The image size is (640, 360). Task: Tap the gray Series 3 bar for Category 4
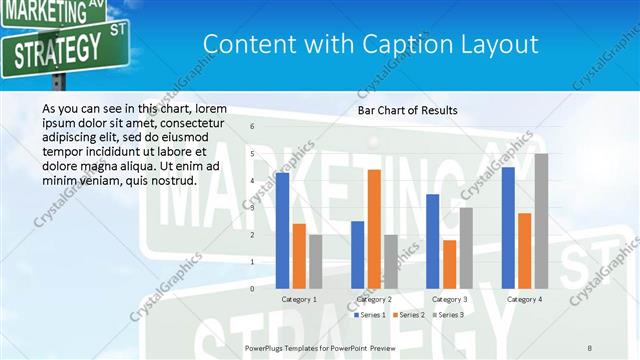[x=541, y=221]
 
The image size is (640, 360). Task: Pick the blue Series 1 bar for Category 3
[x=433, y=241]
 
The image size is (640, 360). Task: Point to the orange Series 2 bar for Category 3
[x=449, y=264]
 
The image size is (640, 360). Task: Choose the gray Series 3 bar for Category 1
[x=316, y=261]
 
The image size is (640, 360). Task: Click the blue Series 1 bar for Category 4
[x=508, y=228]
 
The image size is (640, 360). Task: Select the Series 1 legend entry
[x=371, y=315]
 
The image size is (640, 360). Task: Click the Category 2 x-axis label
[x=374, y=299]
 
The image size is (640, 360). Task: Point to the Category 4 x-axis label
[x=524, y=299]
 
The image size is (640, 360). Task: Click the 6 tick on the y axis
[x=252, y=127]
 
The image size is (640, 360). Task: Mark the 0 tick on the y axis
[x=252, y=289]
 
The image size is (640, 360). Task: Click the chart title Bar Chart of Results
[x=407, y=110]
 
